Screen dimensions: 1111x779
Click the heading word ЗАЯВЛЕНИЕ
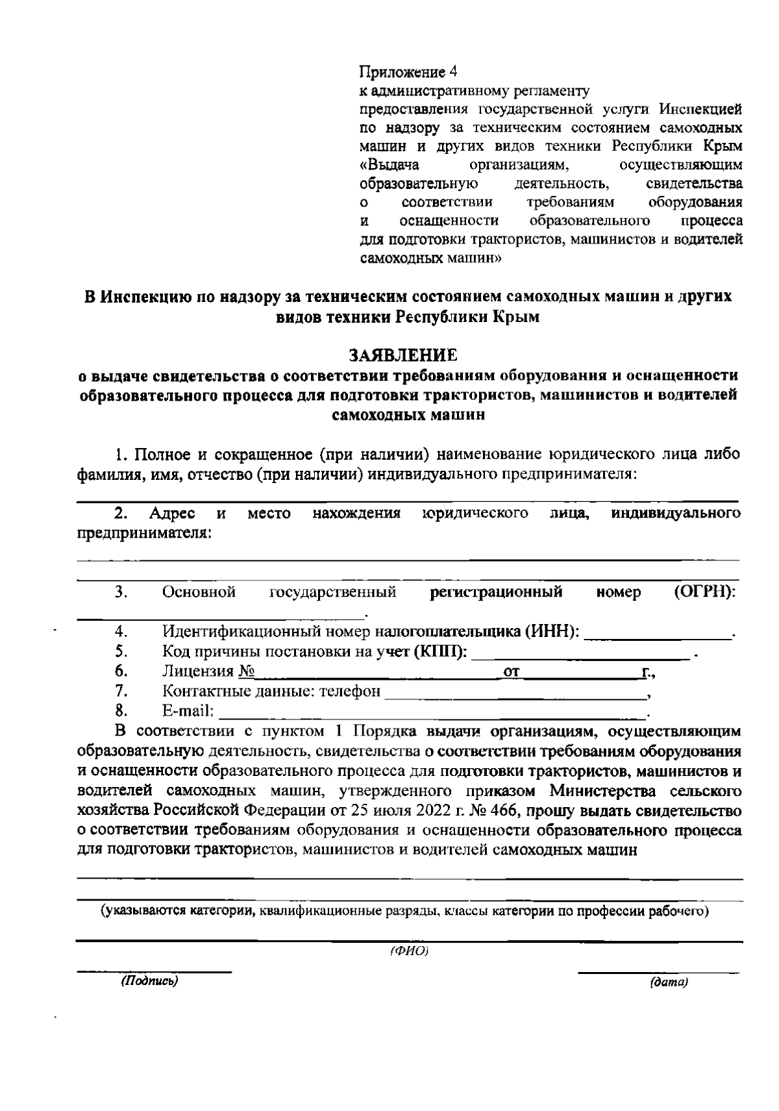(403, 355)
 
